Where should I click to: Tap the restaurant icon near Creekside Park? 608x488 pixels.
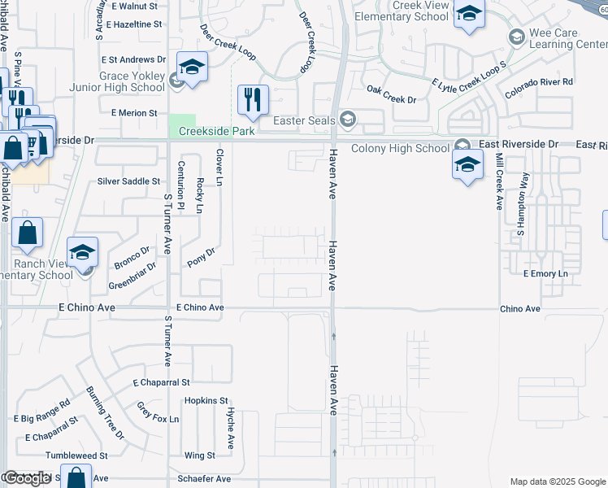253,100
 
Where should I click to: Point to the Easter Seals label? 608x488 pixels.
304,121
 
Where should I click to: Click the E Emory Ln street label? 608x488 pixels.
545,273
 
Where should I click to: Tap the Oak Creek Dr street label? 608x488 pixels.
391,94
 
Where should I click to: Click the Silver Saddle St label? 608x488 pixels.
128,181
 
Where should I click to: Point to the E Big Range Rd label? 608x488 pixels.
41,412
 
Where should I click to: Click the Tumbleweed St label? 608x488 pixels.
77,456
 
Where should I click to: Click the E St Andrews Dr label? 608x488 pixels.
132,59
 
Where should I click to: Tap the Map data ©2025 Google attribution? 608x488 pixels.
558,481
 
